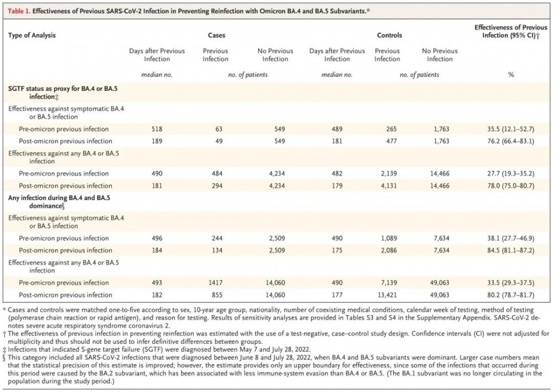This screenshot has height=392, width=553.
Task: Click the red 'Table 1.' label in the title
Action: [19, 11]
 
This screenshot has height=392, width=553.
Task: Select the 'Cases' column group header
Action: [217, 35]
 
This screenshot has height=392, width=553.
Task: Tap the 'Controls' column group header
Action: [389, 35]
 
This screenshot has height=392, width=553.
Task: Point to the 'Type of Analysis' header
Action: [32, 35]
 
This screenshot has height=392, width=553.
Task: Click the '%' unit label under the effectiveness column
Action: [510, 75]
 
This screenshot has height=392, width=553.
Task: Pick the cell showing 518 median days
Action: [157, 129]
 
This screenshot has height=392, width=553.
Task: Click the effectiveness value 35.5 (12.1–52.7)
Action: [510, 129]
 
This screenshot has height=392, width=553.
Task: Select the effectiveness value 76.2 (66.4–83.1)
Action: [510, 141]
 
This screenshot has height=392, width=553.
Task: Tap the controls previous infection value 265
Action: [392, 129]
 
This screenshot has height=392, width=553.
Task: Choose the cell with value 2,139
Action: [389, 173]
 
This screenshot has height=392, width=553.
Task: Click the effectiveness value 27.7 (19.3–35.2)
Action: [510, 173]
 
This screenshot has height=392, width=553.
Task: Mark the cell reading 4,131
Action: [389, 185]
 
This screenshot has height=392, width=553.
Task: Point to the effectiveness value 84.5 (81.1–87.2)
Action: [510, 250]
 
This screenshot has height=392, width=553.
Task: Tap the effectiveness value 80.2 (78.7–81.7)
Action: [510, 295]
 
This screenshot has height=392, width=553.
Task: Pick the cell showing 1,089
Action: [389, 238]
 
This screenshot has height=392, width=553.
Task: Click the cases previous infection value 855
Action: [217, 295]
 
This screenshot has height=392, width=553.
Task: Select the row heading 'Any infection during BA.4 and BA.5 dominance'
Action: [59, 202]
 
